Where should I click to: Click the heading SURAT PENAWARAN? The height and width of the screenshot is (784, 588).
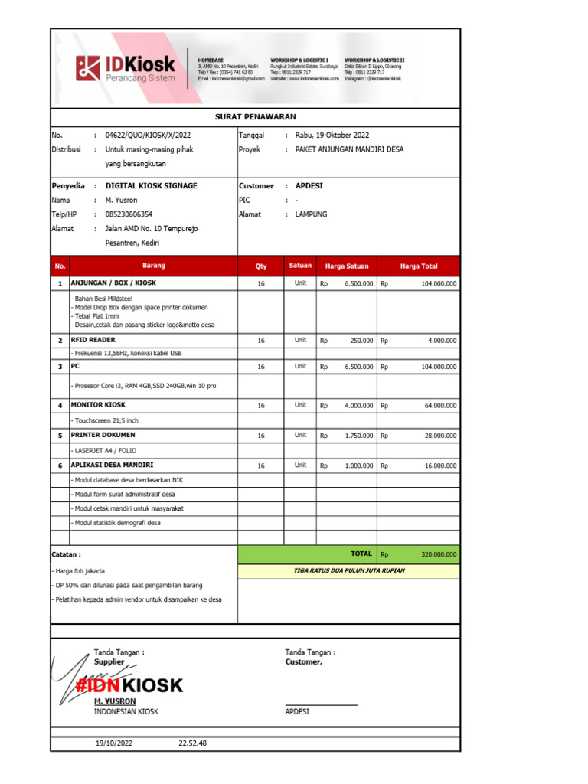(x=255, y=117)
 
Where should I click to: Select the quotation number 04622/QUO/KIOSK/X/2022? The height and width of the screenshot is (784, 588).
(x=148, y=136)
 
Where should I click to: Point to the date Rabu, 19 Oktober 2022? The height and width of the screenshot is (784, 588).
(x=332, y=136)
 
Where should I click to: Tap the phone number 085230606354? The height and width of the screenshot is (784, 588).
(x=129, y=214)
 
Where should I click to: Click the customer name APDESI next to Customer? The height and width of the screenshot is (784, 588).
(x=309, y=186)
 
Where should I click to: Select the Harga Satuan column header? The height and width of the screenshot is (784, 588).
(x=347, y=266)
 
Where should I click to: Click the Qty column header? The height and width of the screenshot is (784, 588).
(x=261, y=266)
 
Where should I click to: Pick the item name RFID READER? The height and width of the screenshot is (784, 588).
(x=93, y=339)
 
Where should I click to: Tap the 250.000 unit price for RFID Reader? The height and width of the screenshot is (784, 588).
(x=361, y=341)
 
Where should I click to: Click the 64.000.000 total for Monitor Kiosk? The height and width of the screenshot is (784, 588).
(x=440, y=405)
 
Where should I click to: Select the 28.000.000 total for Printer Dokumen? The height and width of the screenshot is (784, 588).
(x=440, y=436)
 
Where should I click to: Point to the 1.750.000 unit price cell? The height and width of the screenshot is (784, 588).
(x=358, y=436)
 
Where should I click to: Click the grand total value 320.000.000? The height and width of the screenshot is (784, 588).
(x=439, y=554)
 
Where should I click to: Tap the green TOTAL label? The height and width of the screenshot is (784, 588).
(x=361, y=554)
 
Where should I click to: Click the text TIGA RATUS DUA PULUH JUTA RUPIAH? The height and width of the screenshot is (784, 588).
(x=349, y=571)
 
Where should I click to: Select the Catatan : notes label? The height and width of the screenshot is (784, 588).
(x=67, y=554)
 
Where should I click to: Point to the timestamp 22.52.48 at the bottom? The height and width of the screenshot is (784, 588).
(x=192, y=743)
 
